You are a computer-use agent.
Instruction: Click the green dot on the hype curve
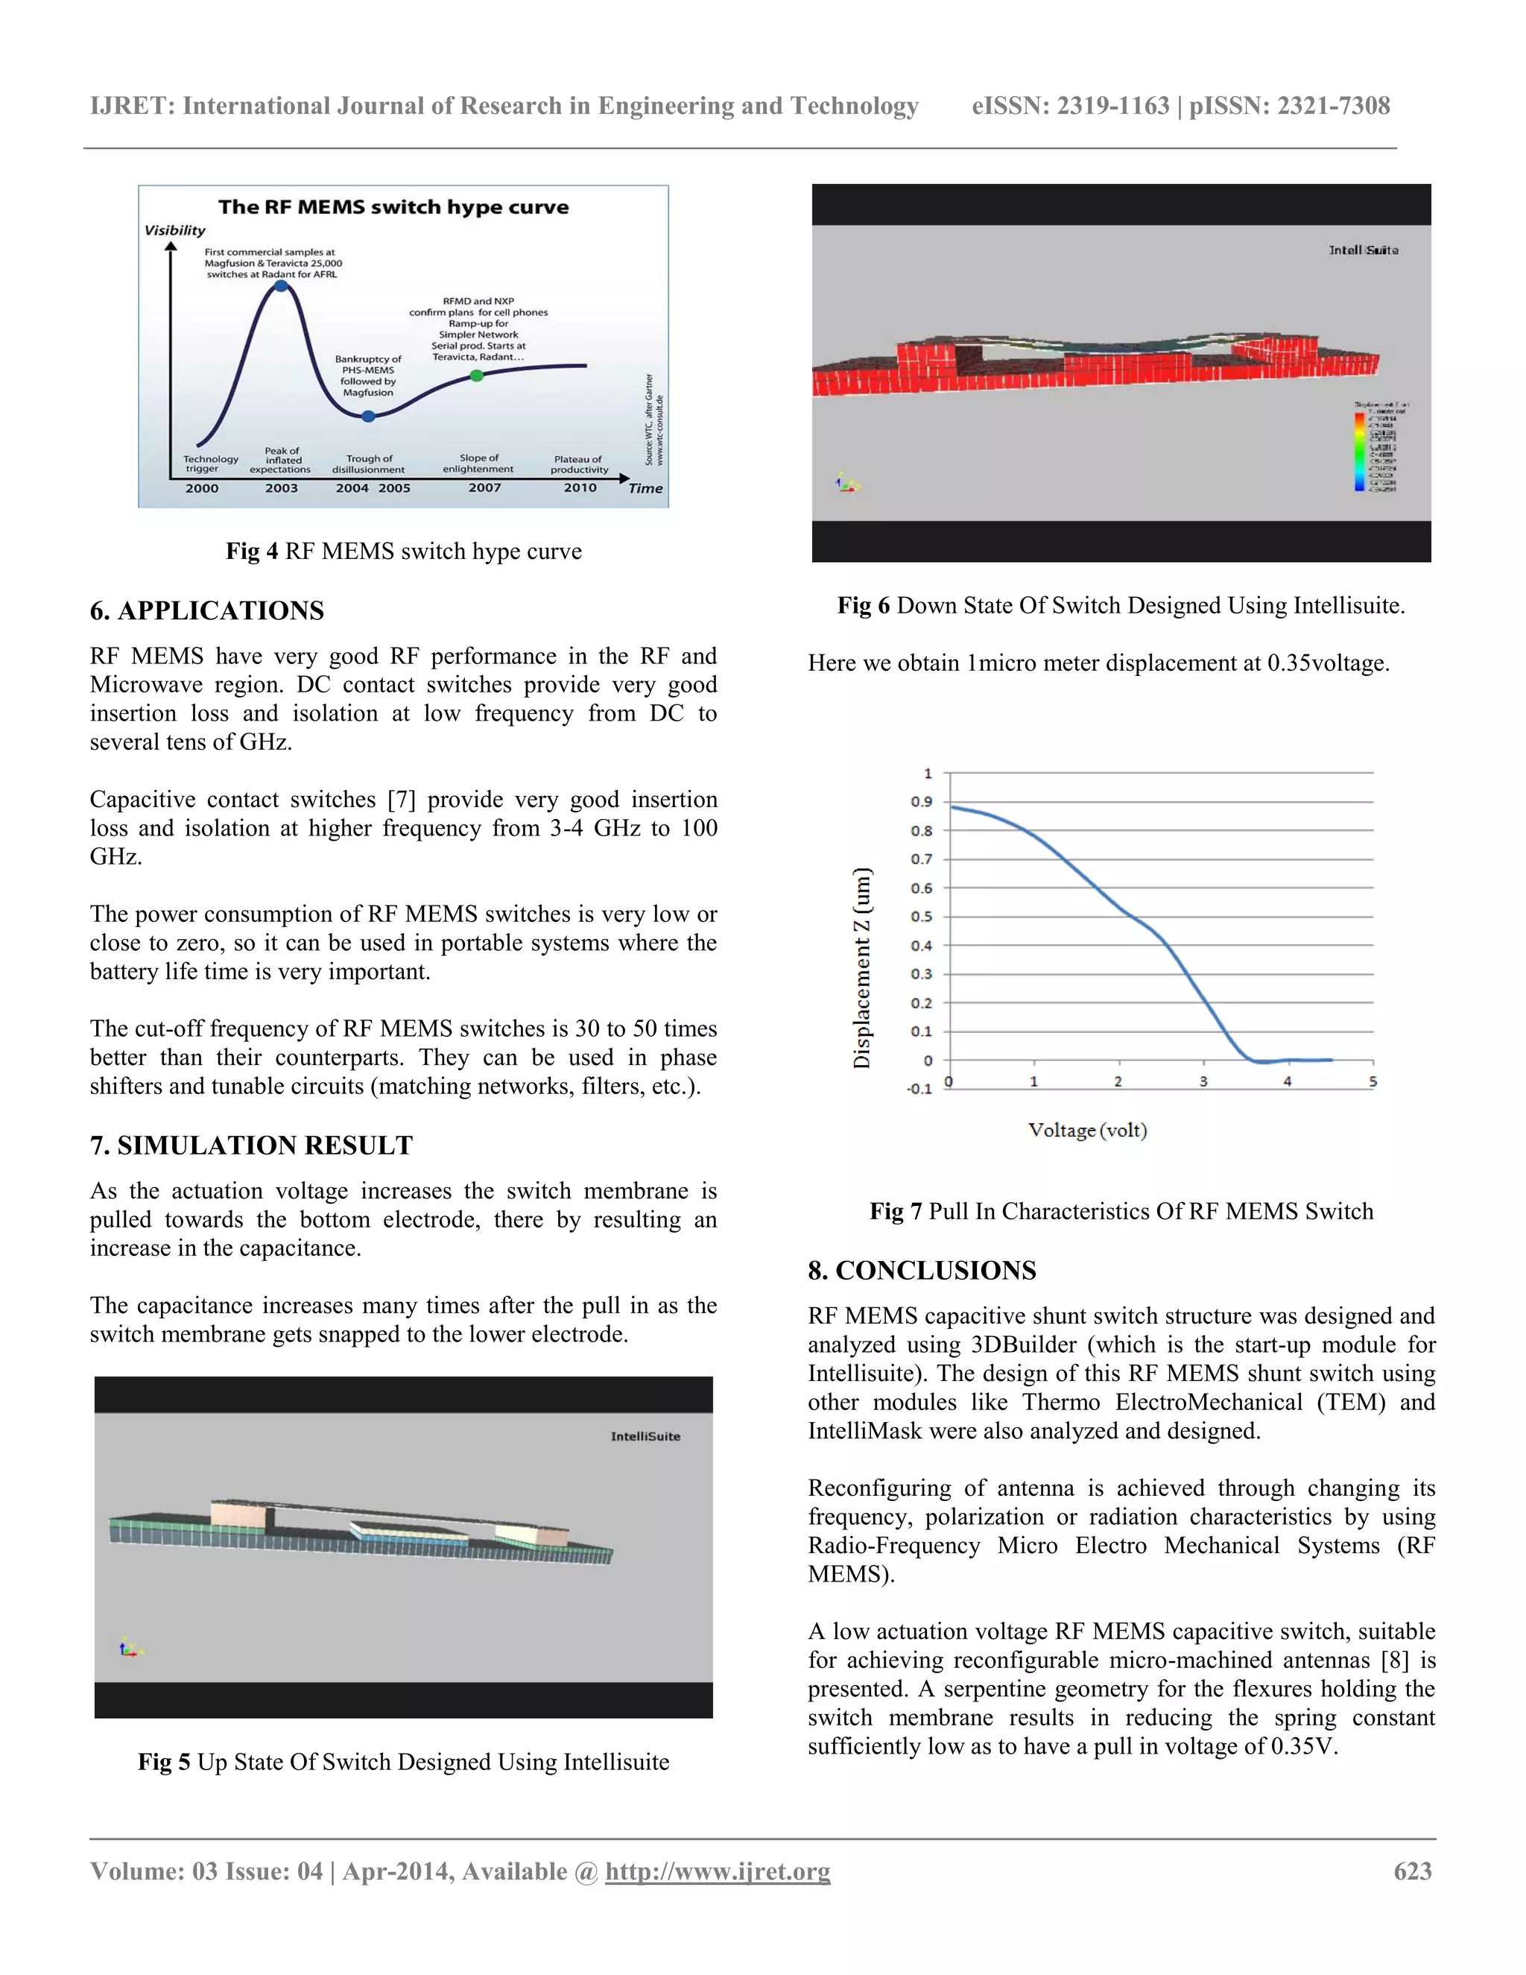(476, 376)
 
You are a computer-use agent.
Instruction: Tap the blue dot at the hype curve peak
(281, 285)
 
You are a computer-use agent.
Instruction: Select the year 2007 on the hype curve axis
(484, 487)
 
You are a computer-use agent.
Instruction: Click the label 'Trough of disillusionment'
(369, 464)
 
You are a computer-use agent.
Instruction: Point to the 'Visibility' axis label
(175, 230)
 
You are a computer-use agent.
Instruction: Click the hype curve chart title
(393, 207)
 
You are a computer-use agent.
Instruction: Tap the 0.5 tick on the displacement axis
(921, 917)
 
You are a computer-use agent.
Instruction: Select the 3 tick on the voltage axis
(1203, 1081)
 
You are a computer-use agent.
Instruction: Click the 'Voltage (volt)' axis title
(1088, 1131)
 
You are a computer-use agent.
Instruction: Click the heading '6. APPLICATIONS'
(207, 610)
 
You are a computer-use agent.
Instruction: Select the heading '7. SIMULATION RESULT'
(251, 1145)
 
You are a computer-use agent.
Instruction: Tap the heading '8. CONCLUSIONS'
(922, 1271)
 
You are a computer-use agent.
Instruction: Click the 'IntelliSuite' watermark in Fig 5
(645, 1436)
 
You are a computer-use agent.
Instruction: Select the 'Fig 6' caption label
(864, 605)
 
